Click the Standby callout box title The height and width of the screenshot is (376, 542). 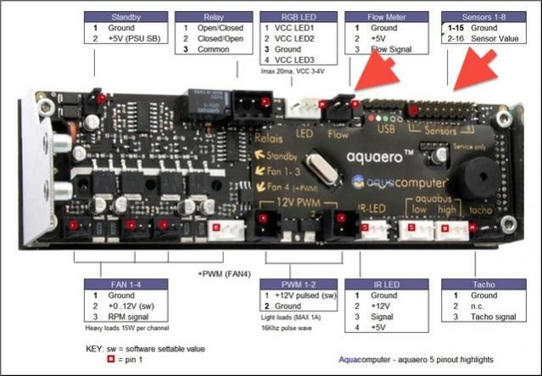point(126,17)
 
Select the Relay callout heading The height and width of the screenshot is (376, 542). point(212,17)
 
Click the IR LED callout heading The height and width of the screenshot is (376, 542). point(386,283)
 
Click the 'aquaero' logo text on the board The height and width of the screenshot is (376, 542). point(381,157)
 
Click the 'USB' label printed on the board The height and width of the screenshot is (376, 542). point(384,132)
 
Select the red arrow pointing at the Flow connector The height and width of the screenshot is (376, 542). point(372,71)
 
